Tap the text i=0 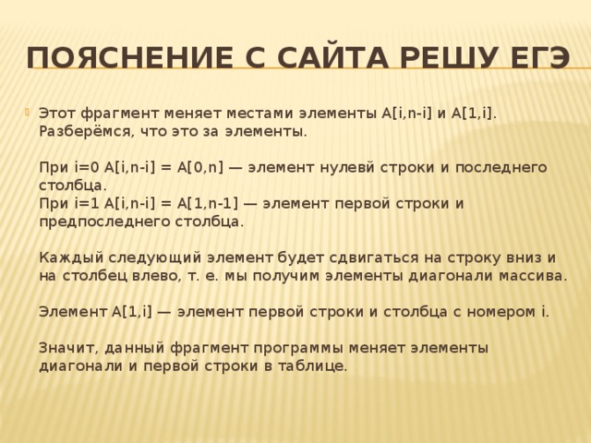point(87,167)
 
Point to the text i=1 point(87,203)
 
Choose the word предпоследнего point(103,221)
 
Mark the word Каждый point(68,257)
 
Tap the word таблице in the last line point(318,365)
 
